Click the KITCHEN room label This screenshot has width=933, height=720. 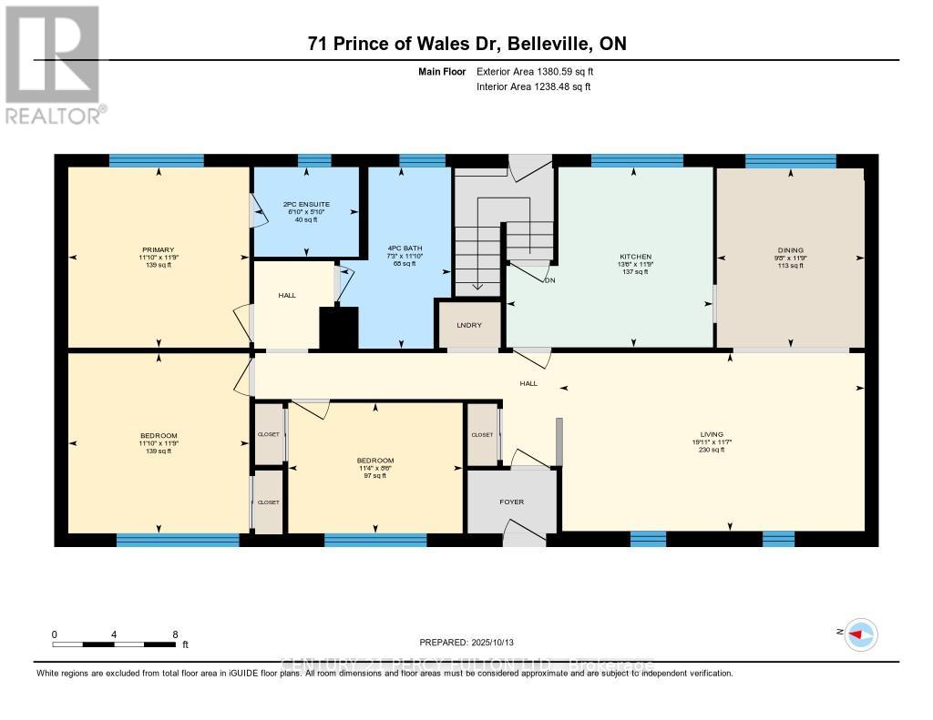[x=634, y=257]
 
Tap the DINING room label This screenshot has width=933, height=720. [x=790, y=249]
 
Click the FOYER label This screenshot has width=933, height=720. [x=511, y=502]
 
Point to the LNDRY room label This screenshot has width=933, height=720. [x=469, y=326]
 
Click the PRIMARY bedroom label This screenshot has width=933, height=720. [x=158, y=249]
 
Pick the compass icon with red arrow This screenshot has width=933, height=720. [x=860, y=634]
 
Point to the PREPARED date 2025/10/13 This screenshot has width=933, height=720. [x=473, y=642]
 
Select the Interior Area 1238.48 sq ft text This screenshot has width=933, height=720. [x=533, y=86]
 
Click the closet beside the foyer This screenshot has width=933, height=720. [x=482, y=435]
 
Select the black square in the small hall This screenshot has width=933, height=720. [x=339, y=329]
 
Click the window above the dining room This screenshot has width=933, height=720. [x=790, y=161]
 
